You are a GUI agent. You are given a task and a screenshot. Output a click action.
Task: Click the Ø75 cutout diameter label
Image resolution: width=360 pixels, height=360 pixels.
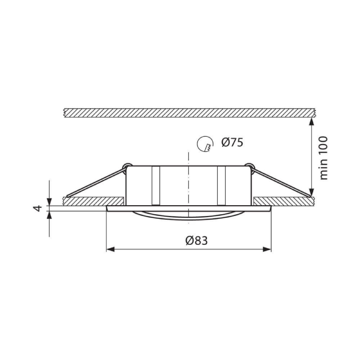(x=232, y=143)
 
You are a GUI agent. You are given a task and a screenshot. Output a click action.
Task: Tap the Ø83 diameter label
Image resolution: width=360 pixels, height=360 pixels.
(x=197, y=241)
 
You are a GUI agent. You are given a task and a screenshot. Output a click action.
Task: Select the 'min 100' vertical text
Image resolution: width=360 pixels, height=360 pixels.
(x=323, y=158)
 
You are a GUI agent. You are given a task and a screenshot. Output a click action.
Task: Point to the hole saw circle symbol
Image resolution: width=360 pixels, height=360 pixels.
(x=205, y=144)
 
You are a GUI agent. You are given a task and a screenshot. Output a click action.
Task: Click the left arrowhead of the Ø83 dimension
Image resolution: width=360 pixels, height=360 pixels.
(x=110, y=249)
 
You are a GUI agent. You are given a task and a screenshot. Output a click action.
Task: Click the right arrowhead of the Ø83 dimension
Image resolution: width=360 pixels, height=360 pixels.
(x=267, y=249)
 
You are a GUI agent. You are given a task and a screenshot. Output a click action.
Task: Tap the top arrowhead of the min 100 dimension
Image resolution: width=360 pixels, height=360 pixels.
(x=311, y=121)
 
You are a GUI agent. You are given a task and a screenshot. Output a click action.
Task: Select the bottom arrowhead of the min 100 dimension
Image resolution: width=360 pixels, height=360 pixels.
(x=311, y=193)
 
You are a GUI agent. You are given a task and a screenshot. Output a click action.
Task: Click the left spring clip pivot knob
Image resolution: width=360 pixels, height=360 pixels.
(x=127, y=166)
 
